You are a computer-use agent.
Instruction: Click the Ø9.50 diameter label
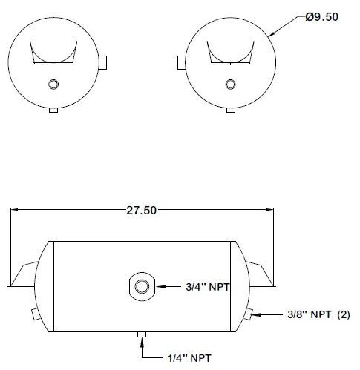point(321,16)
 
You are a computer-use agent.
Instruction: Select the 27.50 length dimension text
point(141,211)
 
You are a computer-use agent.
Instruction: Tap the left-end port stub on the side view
point(36,313)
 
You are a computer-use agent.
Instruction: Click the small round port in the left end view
point(53,84)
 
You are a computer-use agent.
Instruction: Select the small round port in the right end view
point(229,83)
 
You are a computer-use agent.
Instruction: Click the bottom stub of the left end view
point(53,110)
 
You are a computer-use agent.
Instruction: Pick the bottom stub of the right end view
point(229,110)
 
